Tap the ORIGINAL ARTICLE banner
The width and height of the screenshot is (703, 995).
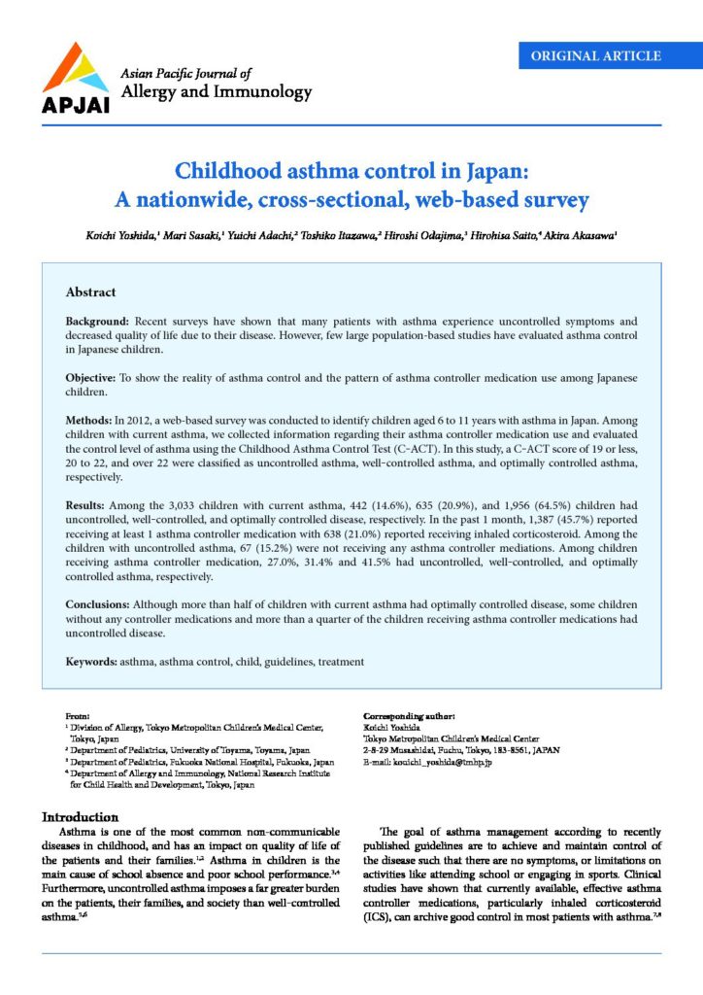coord(596,55)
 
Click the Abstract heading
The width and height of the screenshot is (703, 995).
coord(90,292)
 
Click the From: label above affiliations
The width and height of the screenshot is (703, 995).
coord(77,715)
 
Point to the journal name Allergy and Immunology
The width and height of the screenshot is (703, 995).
coord(215,93)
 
